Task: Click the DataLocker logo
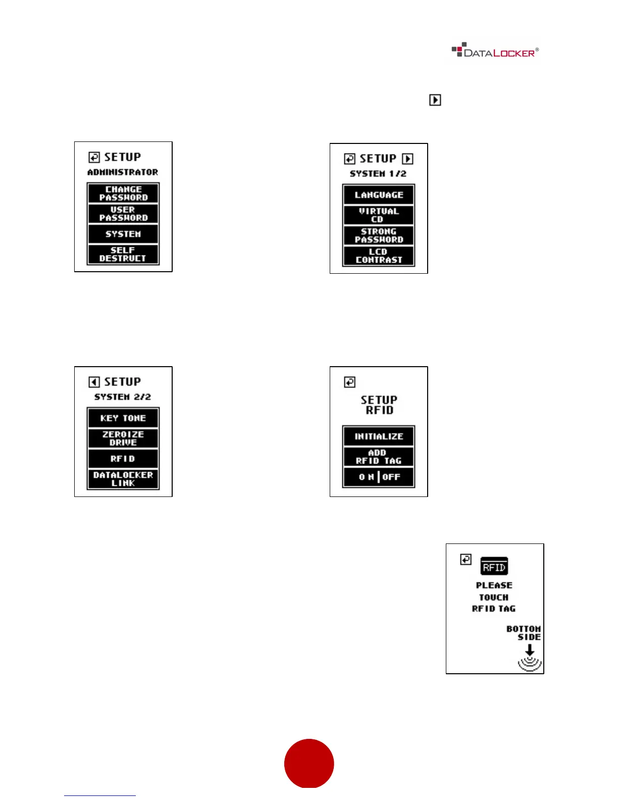(494, 52)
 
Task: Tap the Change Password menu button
(123, 193)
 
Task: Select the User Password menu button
(123, 214)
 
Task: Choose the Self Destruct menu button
(123, 254)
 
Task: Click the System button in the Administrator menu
(123, 234)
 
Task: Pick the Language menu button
(379, 195)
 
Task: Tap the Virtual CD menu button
(379, 215)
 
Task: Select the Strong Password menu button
(379, 235)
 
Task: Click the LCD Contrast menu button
(379, 256)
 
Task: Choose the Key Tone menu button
(123, 418)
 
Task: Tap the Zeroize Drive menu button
(123, 438)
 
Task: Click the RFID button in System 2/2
(123, 459)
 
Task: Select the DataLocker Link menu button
(123, 479)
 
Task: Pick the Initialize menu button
(379, 436)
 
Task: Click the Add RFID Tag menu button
(379, 457)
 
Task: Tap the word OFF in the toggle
(391, 477)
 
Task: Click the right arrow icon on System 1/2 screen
(407, 159)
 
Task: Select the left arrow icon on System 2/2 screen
(94, 382)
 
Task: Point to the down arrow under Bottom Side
(530, 651)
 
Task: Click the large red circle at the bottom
(309, 763)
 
